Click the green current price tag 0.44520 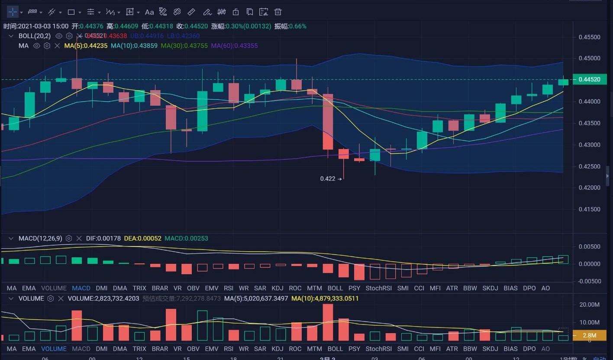pos(589,79)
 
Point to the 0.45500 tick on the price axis pos(589,37)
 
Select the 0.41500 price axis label pos(589,209)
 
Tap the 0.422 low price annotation pos(328,178)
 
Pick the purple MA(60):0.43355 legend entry pos(235,45)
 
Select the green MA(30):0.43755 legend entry pos(184,45)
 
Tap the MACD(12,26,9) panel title pos(40,238)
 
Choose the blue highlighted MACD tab pos(81,288)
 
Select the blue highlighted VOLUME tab pos(54,349)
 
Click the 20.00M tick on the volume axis pos(589,305)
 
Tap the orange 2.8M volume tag pos(589,335)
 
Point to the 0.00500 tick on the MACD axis pos(589,246)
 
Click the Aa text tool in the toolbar pos(149,12)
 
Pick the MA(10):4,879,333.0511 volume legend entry pos(325,298)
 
